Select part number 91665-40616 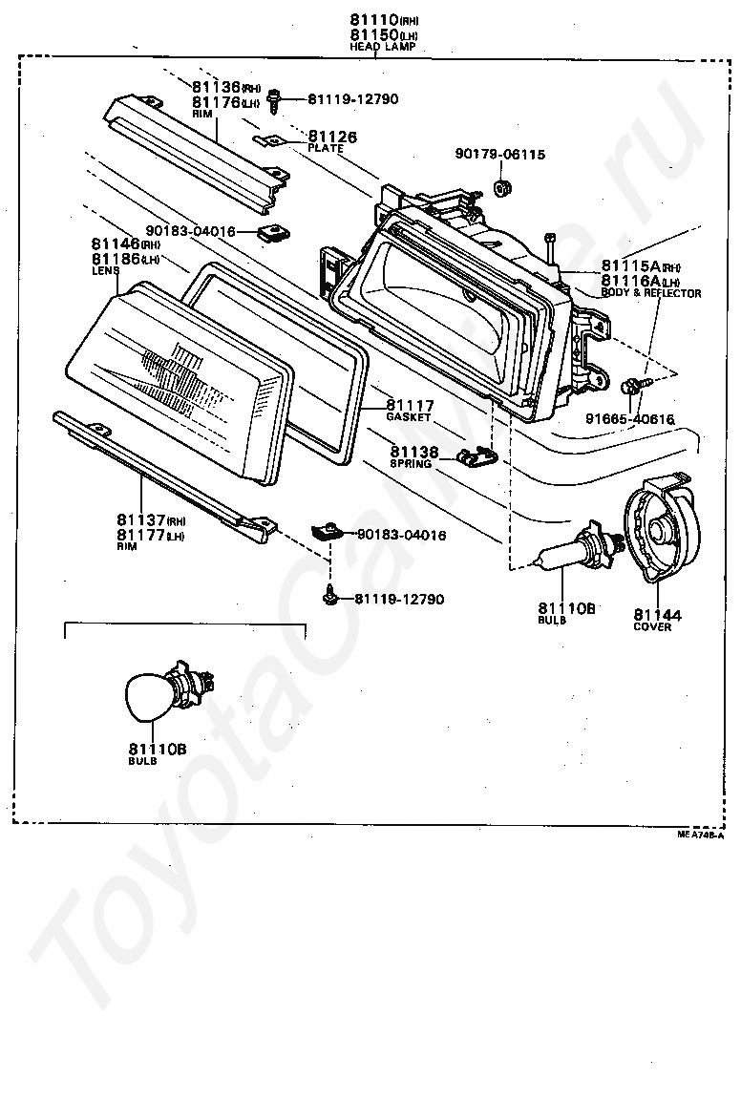(630, 418)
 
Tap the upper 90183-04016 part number (190, 231)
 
